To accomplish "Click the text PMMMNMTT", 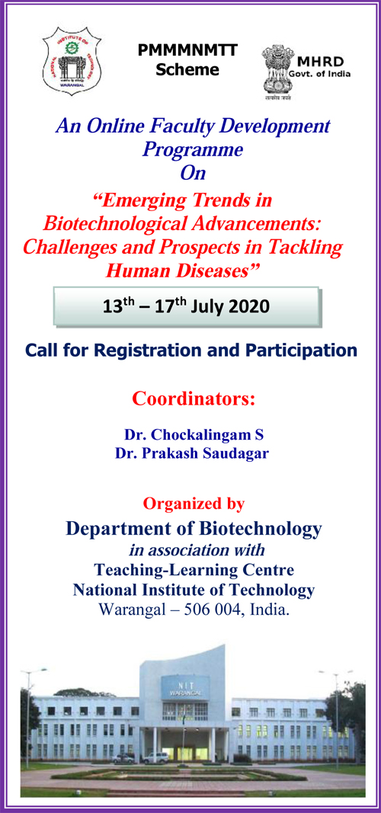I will pyautogui.click(x=187, y=51).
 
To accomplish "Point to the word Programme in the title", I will pyautogui.click(x=193, y=149).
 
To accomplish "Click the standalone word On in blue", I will pyautogui.click(x=193, y=173).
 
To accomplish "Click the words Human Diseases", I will pyautogui.click(x=193, y=270).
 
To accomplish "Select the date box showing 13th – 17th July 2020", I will pyautogui.click(x=187, y=308).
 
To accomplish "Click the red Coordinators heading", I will pyautogui.click(x=194, y=398).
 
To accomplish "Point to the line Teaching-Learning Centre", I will pyautogui.click(x=194, y=569).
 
